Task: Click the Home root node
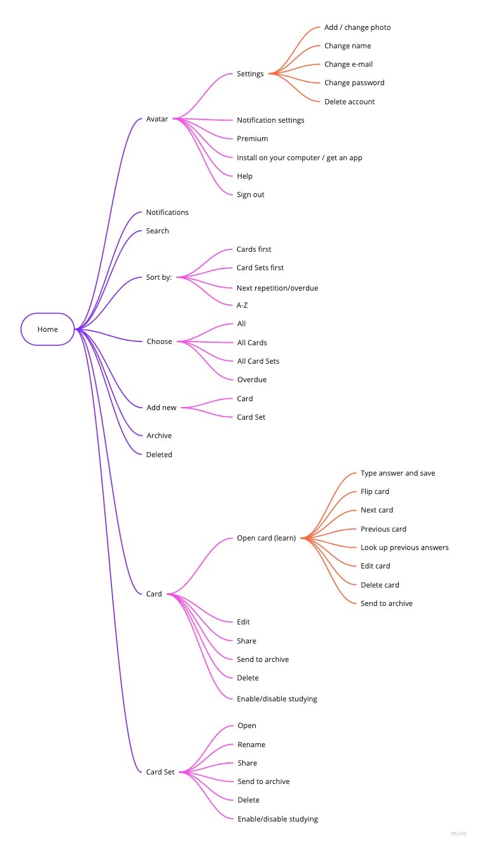click(x=48, y=329)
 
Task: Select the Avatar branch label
click(x=157, y=119)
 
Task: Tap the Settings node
click(x=250, y=74)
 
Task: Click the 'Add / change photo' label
click(x=357, y=27)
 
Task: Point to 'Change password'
click(x=354, y=83)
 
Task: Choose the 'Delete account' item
click(x=349, y=102)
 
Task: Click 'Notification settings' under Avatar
click(x=270, y=120)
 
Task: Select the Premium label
click(x=252, y=139)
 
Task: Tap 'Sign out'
click(x=251, y=195)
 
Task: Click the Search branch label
click(x=157, y=231)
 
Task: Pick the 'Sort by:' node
click(x=159, y=278)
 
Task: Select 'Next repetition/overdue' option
click(x=277, y=288)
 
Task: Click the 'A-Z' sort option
click(x=242, y=305)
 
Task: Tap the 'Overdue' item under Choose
click(x=252, y=380)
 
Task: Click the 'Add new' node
click(x=162, y=408)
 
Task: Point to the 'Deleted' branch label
click(x=159, y=455)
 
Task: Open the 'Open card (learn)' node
click(x=266, y=538)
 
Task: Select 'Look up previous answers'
click(x=404, y=547)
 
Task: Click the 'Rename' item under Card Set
click(x=251, y=745)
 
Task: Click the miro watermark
click(x=459, y=834)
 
